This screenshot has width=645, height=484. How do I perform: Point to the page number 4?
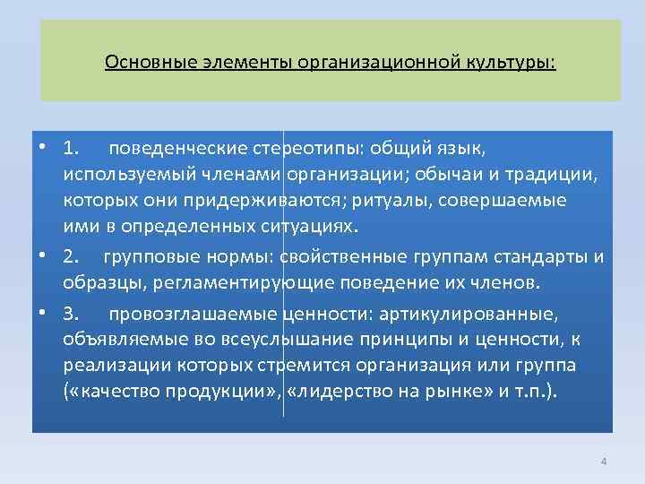[x=603, y=462]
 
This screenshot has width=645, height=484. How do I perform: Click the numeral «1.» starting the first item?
[x=73, y=146]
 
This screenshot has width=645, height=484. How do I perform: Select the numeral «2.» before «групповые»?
[x=73, y=258]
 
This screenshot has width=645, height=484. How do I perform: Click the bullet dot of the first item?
[x=42, y=146]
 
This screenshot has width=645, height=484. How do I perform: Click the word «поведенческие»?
[x=186, y=146]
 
